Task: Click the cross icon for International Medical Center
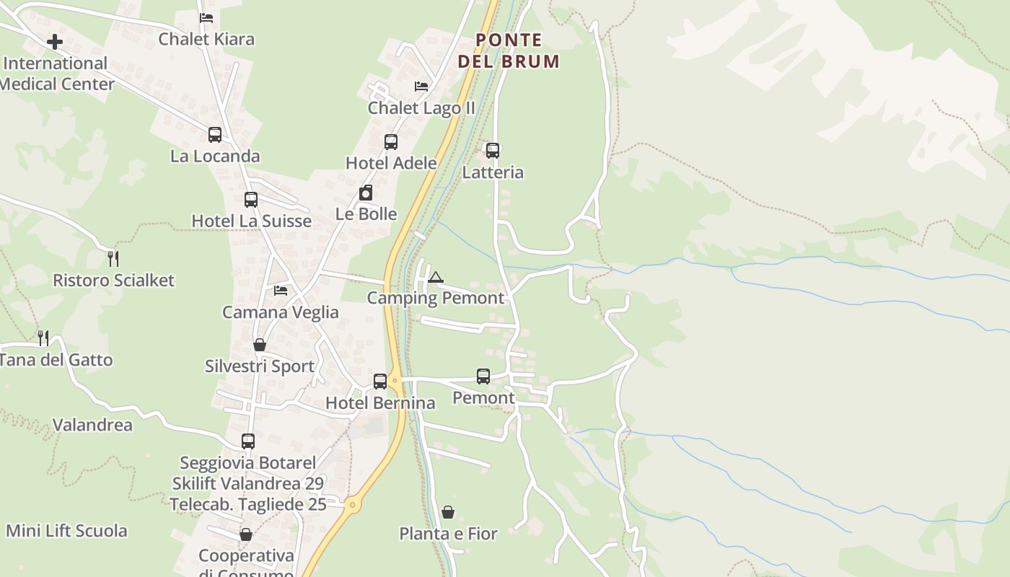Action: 55,42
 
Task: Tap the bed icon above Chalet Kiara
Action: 206,18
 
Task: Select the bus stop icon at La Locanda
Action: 215,134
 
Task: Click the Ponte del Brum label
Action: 509,50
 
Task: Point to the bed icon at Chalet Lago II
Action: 421,87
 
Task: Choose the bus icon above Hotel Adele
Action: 391,141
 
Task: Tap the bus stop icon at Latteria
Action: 493,151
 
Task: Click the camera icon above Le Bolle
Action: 366,193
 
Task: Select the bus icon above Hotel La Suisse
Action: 251,199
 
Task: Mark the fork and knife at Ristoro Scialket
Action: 113,258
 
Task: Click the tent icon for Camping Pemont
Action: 435,277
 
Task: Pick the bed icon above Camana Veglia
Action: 281,291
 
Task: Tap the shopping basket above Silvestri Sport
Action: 260,345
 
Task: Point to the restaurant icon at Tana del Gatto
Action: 43,338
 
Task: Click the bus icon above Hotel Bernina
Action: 380,381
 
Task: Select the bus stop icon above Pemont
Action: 483,376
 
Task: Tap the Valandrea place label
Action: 92,425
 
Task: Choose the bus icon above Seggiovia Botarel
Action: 248,441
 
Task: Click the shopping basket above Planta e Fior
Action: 448,512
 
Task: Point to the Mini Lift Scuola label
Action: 66,531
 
